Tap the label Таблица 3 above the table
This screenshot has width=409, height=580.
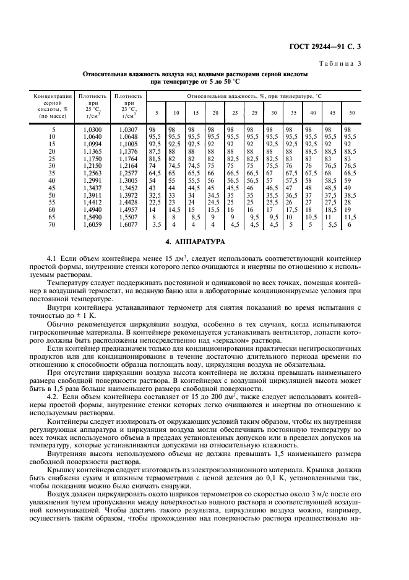tap(362, 63)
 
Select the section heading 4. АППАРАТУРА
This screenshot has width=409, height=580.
tap(205, 240)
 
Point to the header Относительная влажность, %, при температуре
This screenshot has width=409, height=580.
tap(254, 96)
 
